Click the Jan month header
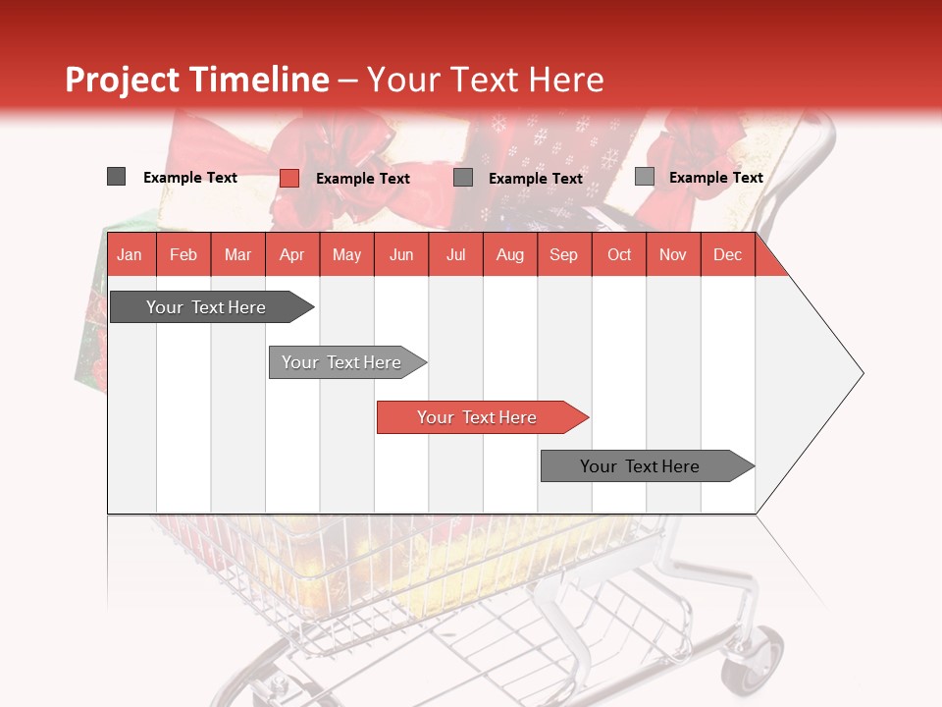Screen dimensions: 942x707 pos(130,255)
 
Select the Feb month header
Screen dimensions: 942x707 pos(183,255)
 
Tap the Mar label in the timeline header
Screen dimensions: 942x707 pos(237,255)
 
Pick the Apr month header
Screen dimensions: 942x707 pos(291,255)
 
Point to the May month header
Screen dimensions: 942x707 pos(346,255)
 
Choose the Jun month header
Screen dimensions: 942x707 pos(401,255)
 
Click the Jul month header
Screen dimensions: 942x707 pos(455,255)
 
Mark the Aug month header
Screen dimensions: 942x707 pos(510,255)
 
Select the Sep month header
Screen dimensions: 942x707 pos(564,255)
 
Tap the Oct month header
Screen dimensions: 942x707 pos(619,255)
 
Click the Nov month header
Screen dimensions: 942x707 pos(673,255)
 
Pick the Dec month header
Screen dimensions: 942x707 pos(728,255)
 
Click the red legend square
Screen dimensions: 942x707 pos(288,178)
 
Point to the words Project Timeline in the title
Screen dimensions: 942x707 pos(197,80)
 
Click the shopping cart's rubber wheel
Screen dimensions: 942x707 pos(756,660)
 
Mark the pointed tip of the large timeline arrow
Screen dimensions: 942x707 pos(862,373)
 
